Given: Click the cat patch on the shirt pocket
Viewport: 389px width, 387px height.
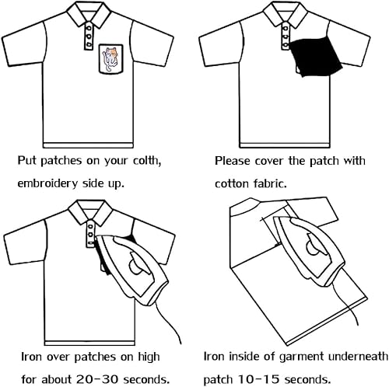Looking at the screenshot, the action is (x=110, y=59).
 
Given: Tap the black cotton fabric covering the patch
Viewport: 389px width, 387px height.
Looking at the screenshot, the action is (x=315, y=57).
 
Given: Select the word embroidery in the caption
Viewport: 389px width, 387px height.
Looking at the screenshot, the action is (x=47, y=183).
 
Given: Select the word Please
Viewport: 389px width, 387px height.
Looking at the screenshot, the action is (x=233, y=161).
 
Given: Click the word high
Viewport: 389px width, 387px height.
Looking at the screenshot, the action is (x=149, y=357).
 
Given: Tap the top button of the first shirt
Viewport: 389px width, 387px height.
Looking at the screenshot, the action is (x=89, y=28).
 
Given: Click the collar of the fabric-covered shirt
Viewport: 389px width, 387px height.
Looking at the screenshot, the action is (x=285, y=13).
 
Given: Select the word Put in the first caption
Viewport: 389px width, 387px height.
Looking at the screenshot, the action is (x=27, y=161).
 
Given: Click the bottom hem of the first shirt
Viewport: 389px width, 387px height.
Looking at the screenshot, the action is (x=88, y=145).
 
